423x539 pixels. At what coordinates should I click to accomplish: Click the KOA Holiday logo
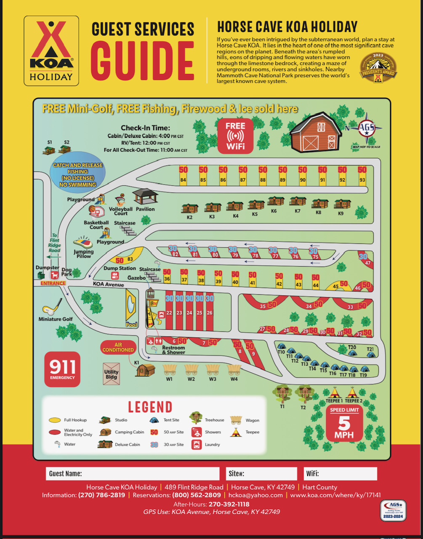(x=51, y=51)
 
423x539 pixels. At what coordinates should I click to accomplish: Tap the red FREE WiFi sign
(x=235, y=135)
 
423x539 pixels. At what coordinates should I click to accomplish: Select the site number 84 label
(x=183, y=180)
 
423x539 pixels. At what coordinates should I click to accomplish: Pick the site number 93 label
(x=362, y=180)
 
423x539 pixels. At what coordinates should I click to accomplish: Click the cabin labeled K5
(x=255, y=205)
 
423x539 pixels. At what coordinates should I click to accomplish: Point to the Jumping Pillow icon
(x=82, y=243)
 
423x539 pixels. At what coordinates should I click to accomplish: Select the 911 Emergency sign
(x=62, y=369)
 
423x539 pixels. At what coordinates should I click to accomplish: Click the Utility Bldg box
(x=112, y=374)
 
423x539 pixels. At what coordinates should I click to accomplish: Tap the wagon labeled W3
(x=213, y=369)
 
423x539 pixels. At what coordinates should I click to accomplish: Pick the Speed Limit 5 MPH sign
(x=344, y=423)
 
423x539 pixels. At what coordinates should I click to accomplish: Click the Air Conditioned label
(x=118, y=347)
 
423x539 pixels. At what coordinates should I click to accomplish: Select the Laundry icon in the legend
(x=196, y=444)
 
